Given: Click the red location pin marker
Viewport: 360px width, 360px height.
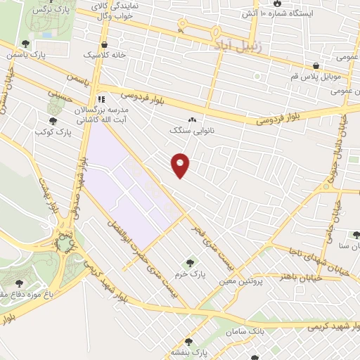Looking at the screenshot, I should [181, 165].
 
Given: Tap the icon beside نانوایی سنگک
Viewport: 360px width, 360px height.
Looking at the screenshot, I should [192, 119].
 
